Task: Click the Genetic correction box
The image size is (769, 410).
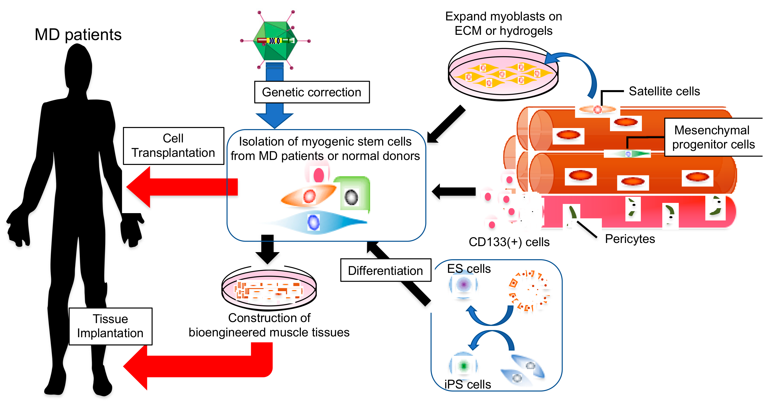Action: click(312, 92)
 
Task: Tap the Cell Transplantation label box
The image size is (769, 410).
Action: click(173, 146)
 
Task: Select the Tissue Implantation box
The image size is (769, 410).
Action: click(110, 326)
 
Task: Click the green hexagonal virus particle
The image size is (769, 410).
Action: click(275, 41)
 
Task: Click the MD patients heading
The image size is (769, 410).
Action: click(78, 34)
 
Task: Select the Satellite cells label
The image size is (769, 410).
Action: click(664, 91)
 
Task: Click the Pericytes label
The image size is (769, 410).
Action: click(630, 239)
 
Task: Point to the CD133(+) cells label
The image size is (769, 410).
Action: click(509, 242)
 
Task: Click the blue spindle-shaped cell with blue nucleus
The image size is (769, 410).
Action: click(316, 222)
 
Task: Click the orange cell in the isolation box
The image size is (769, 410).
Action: click(309, 196)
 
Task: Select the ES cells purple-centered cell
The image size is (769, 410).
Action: click(463, 284)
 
